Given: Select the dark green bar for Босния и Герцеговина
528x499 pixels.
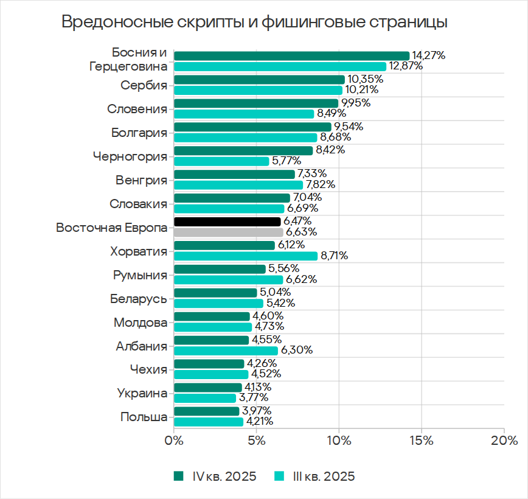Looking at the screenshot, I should click(291, 55).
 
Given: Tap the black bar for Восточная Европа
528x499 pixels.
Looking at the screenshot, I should click(227, 222).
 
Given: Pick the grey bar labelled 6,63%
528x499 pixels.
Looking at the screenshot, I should click(228, 232).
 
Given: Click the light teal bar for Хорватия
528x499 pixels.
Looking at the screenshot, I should click(246, 256).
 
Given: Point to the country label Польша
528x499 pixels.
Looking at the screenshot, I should click(144, 417).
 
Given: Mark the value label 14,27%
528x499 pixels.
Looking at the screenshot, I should click(428, 55).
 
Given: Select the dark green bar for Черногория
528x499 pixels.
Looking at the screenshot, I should click(243, 150).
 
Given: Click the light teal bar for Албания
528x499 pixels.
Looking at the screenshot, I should click(226, 351).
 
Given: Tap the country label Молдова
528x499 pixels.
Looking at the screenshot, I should click(141, 322).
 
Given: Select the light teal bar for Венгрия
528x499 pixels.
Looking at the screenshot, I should click(238, 184).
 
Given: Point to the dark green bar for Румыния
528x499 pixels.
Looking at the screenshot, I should click(220, 269).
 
